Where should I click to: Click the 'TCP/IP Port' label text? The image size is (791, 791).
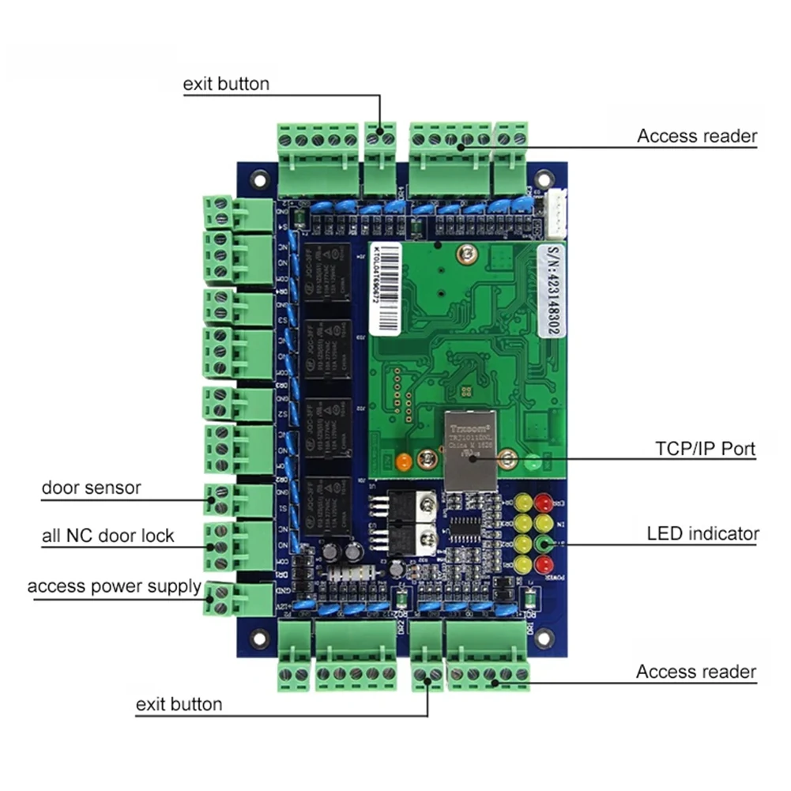tap(705, 449)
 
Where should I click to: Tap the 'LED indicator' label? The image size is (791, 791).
tap(702, 533)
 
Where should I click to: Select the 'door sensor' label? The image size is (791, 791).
tap(91, 488)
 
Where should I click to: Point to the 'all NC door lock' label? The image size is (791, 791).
tap(107, 536)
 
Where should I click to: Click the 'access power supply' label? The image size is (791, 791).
tap(114, 586)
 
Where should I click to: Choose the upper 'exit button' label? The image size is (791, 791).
tap(226, 84)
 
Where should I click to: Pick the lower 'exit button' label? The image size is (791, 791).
tap(179, 703)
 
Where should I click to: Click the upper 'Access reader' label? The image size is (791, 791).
tap(697, 136)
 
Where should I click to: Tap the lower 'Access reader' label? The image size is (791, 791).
tap(696, 672)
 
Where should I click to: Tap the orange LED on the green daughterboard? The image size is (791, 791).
tap(403, 461)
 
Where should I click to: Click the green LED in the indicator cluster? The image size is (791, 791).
tap(543, 544)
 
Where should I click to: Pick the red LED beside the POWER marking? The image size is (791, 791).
tap(542, 564)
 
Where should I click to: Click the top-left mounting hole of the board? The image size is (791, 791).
tap(258, 180)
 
